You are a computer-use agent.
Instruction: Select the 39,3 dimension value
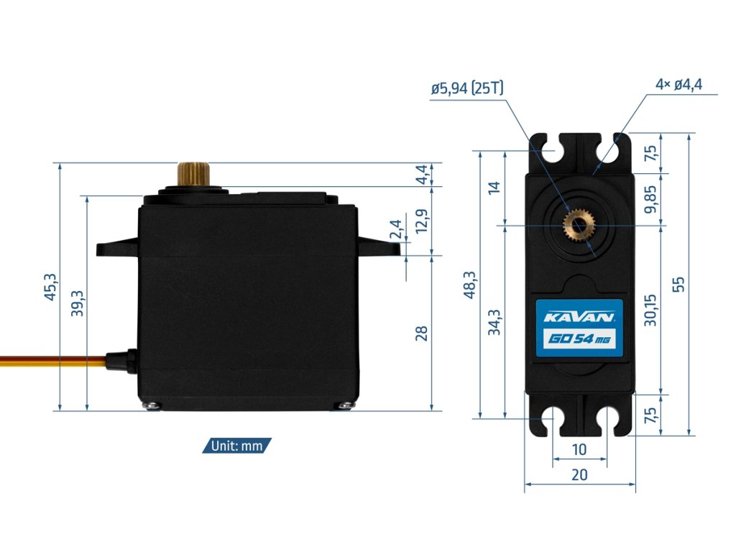click(77, 303)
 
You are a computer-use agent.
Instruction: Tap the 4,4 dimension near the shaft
click(423, 174)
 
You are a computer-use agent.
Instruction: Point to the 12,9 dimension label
click(423, 220)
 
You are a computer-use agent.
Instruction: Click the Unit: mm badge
click(236, 446)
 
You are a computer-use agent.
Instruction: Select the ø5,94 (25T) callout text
click(467, 89)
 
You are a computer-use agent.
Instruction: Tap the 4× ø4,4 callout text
click(678, 84)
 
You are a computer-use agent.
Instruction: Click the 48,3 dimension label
click(469, 285)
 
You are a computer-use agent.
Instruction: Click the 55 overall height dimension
click(678, 284)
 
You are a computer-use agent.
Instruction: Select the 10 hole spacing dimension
click(579, 450)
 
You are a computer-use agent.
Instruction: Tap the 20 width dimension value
click(579, 474)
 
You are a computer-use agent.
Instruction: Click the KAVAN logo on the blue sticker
click(578, 316)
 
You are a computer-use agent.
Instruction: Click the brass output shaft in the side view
click(193, 173)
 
